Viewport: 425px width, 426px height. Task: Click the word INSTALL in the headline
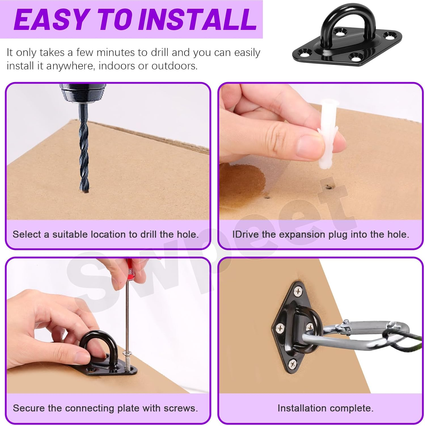[x=198, y=20]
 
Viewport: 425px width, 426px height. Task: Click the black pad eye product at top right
[x=347, y=37]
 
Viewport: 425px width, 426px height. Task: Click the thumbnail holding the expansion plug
[x=309, y=143]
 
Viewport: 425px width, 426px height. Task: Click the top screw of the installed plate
[x=298, y=291]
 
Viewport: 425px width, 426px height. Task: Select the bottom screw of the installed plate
[x=293, y=363]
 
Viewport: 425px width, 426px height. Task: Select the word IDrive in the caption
[x=245, y=234]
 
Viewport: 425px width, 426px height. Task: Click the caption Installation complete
[x=325, y=408]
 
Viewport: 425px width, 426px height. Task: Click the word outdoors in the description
[x=174, y=66]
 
